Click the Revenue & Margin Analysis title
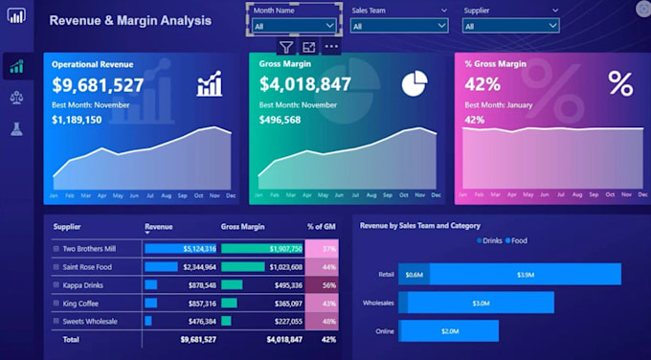click(x=130, y=20)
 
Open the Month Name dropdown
click(x=293, y=27)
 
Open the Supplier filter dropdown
click(x=510, y=27)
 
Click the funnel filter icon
click(x=286, y=47)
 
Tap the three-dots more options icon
click(x=331, y=47)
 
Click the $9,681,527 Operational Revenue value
click(x=98, y=85)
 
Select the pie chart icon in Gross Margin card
click(x=414, y=84)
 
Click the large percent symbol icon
click(x=620, y=84)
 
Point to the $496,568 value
click(x=280, y=121)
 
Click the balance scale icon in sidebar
click(x=16, y=98)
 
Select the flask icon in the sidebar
click(x=16, y=128)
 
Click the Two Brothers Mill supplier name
click(x=89, y=248)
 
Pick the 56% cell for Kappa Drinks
click(x=328, y=285)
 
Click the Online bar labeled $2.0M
click(x=449, y=331)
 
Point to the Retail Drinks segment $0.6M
click(x=414, y=275)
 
